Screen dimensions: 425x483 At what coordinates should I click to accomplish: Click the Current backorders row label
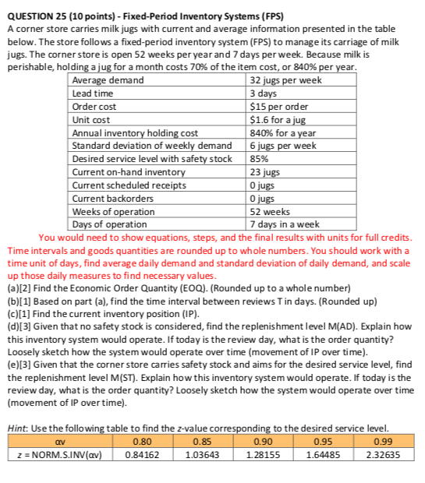click(112, 198)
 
